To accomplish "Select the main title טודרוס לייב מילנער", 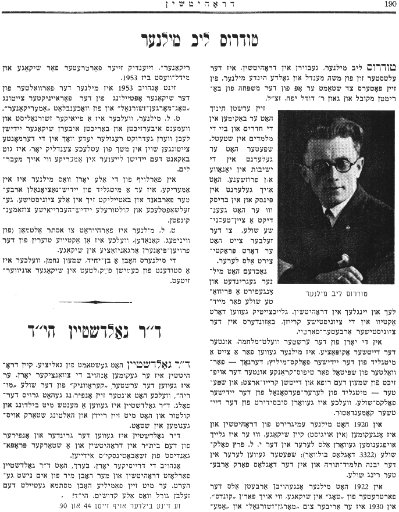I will coord(199,39).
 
